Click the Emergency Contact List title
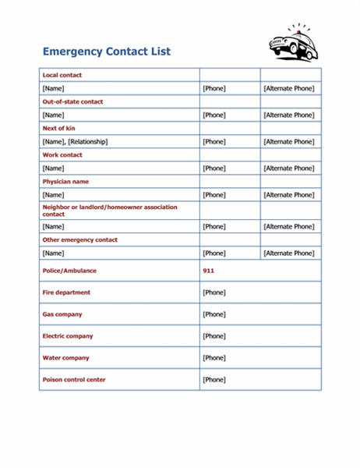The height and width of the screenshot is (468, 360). (106, 52)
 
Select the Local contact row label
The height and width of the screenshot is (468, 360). (62, 75)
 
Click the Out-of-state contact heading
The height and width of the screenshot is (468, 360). (72, 101)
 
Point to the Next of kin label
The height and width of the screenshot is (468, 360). (59, 128)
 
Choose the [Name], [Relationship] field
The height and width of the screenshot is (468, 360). (75, 142)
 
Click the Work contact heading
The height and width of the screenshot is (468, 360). (62, 154)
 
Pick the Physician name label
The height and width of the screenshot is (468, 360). (65, 181)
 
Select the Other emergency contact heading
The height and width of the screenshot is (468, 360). (79, 239)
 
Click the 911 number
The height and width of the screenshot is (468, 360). (208, 271)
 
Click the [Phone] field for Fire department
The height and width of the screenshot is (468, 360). (214, 292)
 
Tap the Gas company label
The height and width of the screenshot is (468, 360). (62, 314)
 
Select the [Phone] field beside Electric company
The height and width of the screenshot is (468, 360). (214, 336)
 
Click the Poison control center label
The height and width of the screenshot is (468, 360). (74, 380)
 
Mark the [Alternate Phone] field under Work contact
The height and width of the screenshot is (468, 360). (288, 168)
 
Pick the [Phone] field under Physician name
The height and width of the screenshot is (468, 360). (214, 195)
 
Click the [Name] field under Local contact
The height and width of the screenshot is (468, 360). (53, 89)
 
